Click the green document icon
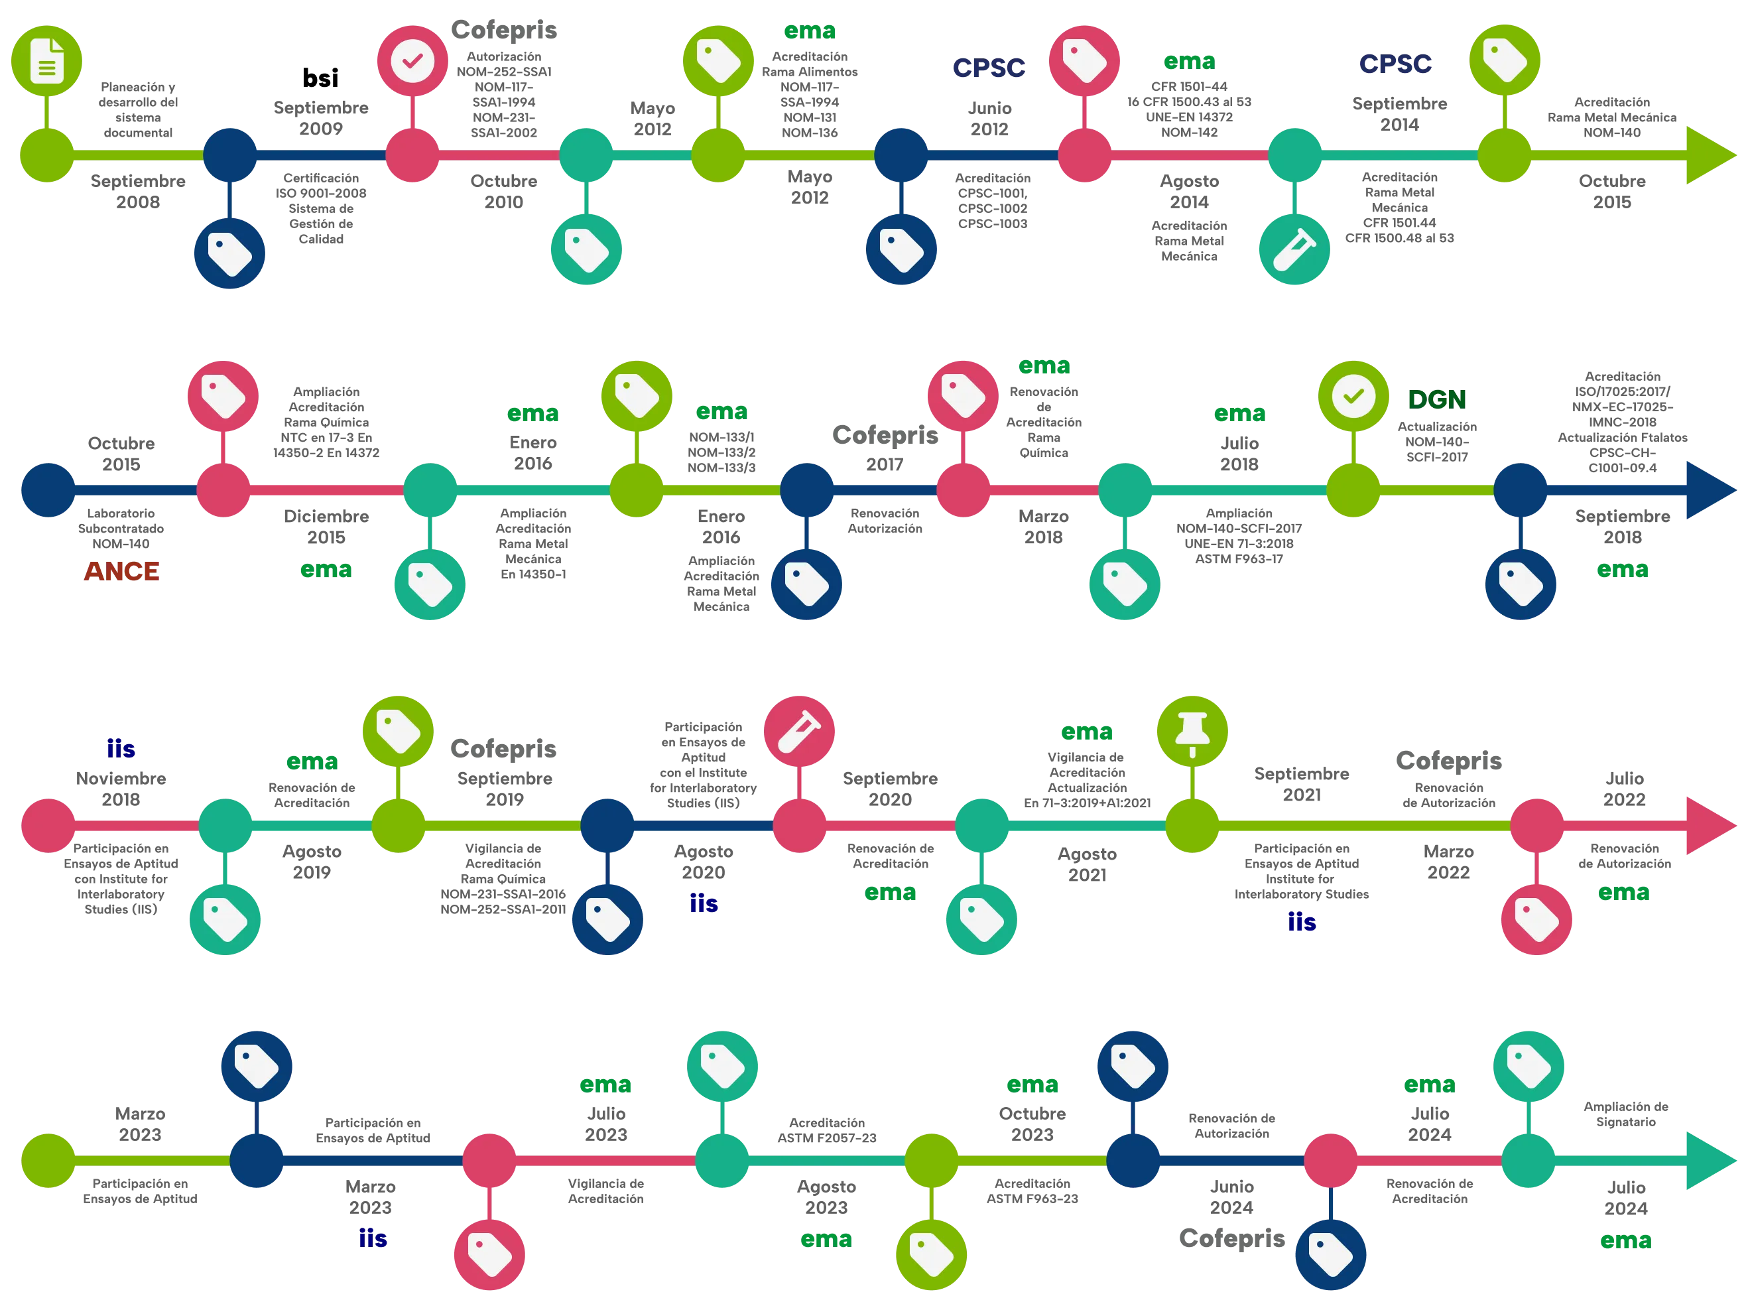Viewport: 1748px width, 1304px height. pyautogui.click(x=46, y=60)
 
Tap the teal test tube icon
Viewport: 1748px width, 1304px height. pyautogui.click(x=1294, y=249)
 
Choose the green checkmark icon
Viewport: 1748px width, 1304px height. pyautogui.click(x=1353, y=396)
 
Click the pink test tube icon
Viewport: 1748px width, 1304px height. pyautogui.click(x=800, y=731)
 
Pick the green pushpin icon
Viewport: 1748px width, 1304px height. pyautogui.click(x=1192, y=731)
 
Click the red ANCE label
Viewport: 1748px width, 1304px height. pyautogui.click(x=121, y=570)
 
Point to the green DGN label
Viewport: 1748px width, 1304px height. pyautogui.click(x=1436, y=399)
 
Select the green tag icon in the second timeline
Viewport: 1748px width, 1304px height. pyautogui.click(x=636, y=396)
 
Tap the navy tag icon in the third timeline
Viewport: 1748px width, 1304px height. pyautogui.click(x=607, y=919)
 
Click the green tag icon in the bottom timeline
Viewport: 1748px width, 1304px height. pyautogui.click(x=931, y=1254)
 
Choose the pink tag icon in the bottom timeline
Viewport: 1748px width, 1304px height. pyautogui.click(x=489, y=1254)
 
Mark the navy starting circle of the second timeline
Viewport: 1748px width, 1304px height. pyautogui.click(x=48, y=490)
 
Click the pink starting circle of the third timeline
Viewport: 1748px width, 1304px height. pyautogui.click(x=48, y=826)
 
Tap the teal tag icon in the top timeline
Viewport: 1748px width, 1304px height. pyautogui.click(x=586, y=249)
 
